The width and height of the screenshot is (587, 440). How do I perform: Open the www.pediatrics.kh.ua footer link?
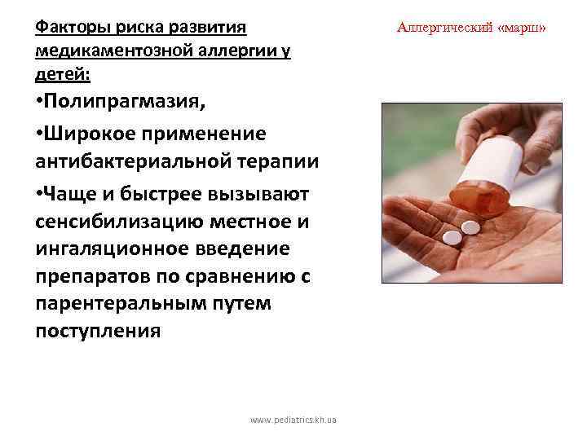pos(294,420)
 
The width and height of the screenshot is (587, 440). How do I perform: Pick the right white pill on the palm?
pos(470,226)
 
